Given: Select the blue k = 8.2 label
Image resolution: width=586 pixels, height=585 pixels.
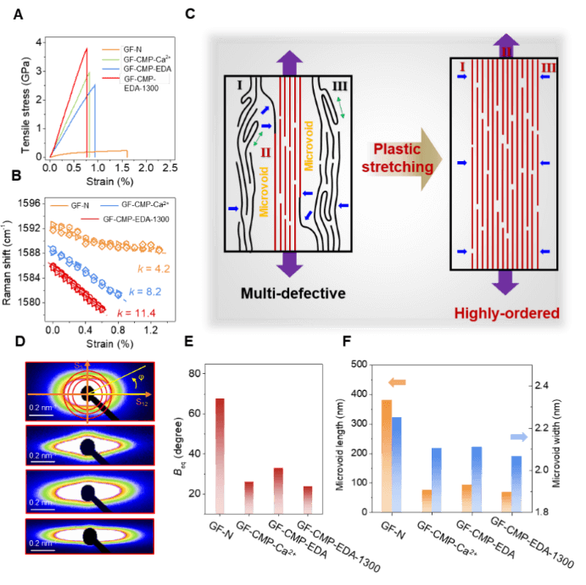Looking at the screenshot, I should [145, 292].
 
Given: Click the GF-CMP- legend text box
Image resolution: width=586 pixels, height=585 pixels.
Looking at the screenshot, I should [146, 79].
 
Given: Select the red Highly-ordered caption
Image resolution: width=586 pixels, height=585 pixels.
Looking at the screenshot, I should [507, 314].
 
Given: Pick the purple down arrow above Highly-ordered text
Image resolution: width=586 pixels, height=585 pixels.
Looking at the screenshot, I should [506, 282].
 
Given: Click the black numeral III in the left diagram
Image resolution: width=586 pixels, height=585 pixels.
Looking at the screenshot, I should [340, 86].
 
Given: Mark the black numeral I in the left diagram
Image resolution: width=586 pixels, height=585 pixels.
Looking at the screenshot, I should [239, 86].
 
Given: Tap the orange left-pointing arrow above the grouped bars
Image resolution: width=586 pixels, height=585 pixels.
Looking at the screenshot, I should [396, 382].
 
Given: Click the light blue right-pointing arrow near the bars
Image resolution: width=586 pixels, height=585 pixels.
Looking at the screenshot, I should [518, 437].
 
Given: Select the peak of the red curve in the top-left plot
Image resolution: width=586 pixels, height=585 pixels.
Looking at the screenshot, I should [88, 48].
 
